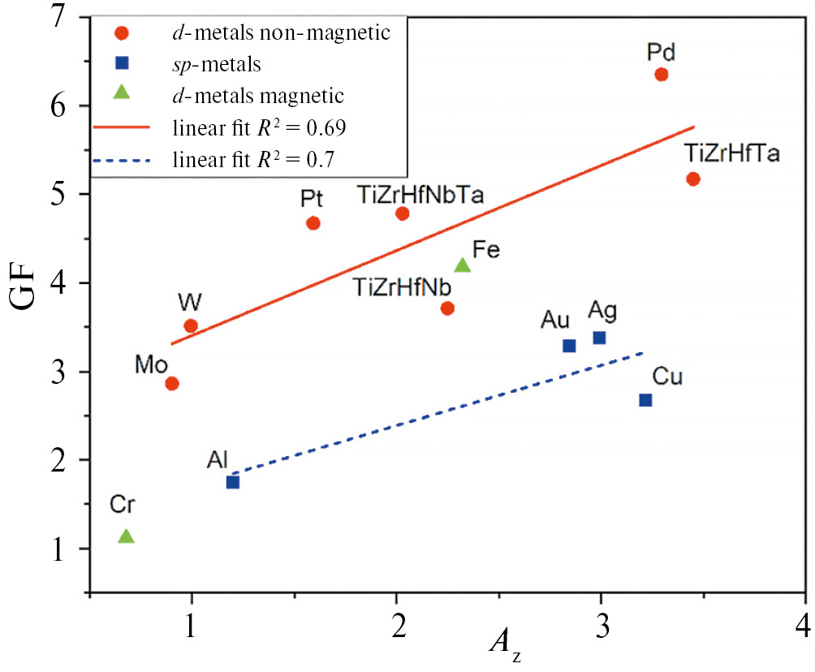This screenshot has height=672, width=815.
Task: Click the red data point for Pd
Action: click(x=662, y=75)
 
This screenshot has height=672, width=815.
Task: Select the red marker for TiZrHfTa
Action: click(x=693, y=179)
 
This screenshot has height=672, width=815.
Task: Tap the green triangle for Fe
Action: click(x=463, y=265)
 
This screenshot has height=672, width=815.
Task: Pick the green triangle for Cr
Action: click(x=126, y=536)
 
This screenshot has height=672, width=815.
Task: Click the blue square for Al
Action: click(x=233, y=482)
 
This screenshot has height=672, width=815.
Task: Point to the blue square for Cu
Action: click(x=645, y=400)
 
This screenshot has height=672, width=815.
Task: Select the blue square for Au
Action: click(x=569, y=346)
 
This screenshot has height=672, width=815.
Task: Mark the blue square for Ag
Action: click(x=599, y=338)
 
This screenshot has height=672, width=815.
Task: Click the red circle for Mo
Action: click(x=171, y=384)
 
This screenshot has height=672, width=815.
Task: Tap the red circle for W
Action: click(x=191, y=326)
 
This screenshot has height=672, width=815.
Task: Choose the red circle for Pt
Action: click(x=313, y=223)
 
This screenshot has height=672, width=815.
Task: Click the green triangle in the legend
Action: click(x=121, y=93)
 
